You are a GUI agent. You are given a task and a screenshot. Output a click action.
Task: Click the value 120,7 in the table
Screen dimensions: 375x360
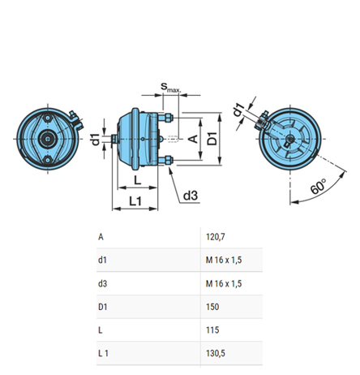coord(216,237)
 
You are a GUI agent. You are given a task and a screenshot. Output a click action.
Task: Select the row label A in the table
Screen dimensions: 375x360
coord(101,237)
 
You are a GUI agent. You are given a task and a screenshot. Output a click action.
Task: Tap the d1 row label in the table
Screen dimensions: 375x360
coord(102,260)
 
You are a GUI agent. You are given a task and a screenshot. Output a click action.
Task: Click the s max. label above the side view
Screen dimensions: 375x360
coord(169,87)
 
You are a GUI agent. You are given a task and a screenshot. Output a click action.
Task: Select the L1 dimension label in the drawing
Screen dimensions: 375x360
coord(135,200)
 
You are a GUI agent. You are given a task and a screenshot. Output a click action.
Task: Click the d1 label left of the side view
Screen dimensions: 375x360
coord(96,139)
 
